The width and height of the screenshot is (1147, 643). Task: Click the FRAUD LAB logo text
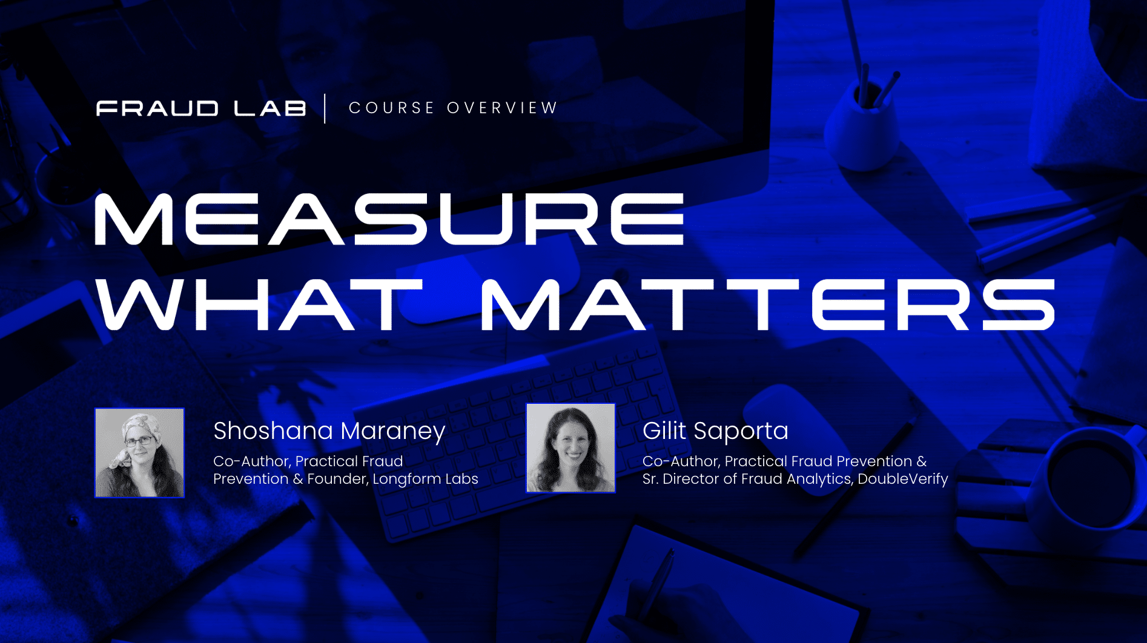201,108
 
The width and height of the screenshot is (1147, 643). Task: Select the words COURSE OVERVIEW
453,108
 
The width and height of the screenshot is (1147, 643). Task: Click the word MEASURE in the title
389,219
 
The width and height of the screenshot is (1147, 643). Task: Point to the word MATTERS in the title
768,305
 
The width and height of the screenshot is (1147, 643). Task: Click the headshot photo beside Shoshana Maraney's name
139,453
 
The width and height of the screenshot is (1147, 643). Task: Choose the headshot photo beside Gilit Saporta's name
570,448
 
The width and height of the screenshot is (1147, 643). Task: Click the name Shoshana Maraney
329,431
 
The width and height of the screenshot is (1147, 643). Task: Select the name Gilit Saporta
715,431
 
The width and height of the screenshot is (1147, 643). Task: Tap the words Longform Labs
425,479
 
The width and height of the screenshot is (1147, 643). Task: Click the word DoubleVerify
903,479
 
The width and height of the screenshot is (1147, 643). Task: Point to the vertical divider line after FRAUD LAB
325,108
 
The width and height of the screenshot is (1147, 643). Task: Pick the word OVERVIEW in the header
502,108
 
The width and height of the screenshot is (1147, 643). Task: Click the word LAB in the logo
270,108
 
